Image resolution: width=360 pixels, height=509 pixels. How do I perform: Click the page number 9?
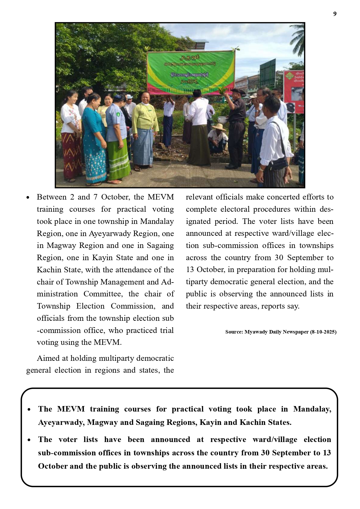335,14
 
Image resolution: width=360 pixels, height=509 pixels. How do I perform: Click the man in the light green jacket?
144,128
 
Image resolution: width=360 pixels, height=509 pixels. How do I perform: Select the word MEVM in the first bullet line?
161,197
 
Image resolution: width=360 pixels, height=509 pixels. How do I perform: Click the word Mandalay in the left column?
157,221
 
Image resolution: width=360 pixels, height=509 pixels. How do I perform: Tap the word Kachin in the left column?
48,270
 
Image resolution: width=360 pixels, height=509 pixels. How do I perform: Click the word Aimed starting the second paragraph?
48,358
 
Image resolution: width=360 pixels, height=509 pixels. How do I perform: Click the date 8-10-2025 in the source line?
323,332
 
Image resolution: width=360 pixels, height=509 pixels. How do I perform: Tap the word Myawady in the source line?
256,332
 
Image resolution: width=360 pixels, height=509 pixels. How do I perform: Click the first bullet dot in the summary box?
29,410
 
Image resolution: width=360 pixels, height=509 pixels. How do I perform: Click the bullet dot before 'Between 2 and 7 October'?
28,198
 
